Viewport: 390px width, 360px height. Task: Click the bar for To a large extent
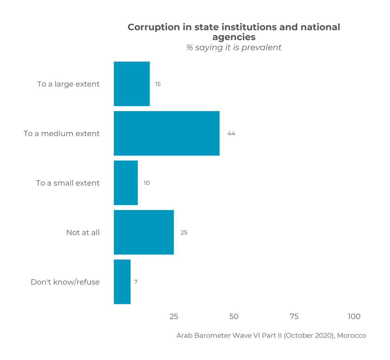[132, 84]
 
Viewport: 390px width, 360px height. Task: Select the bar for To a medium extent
[166, 133]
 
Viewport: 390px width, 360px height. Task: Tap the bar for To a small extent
[126, 183]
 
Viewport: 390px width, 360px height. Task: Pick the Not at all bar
[144, 232]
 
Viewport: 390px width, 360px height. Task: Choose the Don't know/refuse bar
[122, 282]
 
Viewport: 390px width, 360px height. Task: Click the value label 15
[158, 84]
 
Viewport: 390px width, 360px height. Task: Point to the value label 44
[231, 134]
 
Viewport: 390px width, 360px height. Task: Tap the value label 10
[146, 183]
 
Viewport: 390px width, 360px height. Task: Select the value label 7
[136, 282]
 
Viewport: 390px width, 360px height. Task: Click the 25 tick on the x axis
[174, 316]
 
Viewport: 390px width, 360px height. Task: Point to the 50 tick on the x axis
[234, 316]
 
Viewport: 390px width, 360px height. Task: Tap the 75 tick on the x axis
[294, 316]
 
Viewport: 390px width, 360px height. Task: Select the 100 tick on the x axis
[354, 316]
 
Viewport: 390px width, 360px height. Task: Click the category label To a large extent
[68, 84]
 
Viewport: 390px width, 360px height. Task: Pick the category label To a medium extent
[62, 134]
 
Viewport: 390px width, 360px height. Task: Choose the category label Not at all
[83, 232]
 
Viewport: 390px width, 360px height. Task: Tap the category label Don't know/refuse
[65, 282]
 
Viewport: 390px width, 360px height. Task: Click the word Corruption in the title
[154, 27]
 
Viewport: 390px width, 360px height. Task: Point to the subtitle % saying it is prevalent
[234, 48]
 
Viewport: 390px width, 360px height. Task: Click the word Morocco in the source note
[351, 336]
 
